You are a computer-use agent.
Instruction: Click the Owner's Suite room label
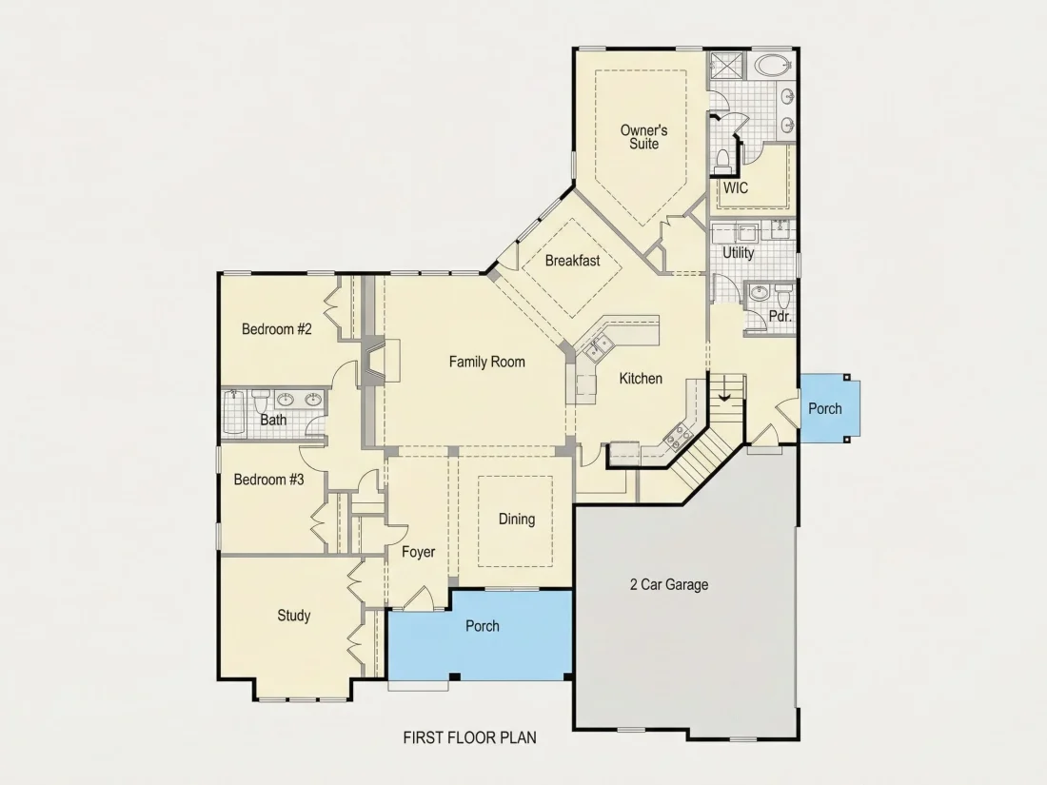pyautogui.click(x=643, y=137)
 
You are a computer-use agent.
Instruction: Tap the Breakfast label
pyautogui.click(x=572, y=261)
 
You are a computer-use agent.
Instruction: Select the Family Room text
pyautogui.click(x=486, y=362)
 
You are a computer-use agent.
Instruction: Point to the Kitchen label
pyautogui.click(x=641, y=379)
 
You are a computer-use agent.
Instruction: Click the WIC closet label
pyautogui.click(x=735, y=188)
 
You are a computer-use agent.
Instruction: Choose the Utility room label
pyautogui.click(x=738, y=253)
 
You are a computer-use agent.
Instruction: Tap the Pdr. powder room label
pyautogui.click(x=780, y=317)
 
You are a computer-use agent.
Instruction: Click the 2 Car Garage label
pyautogui.click(x=669, y=585)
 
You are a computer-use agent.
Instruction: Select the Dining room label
pyautogui.click(x=517, y=520)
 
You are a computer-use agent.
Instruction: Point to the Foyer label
pyautogui.click(x=418, y=552)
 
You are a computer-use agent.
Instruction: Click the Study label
pyautogui.click(x=294, y=616)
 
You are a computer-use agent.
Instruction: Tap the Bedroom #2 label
pyautogui.click(x=276, y=329)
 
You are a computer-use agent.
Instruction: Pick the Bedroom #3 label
pyautogui.click(x=268, y=480)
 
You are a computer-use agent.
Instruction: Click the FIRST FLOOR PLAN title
pyautogui.click(x=469, y=737)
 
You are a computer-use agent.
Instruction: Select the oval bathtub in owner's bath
pyautogui.click(x=774, y=66)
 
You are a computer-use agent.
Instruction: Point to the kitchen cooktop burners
pyautogui.click(x=678, y=437)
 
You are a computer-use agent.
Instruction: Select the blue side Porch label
pyautogui.click(x=824, y=408)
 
